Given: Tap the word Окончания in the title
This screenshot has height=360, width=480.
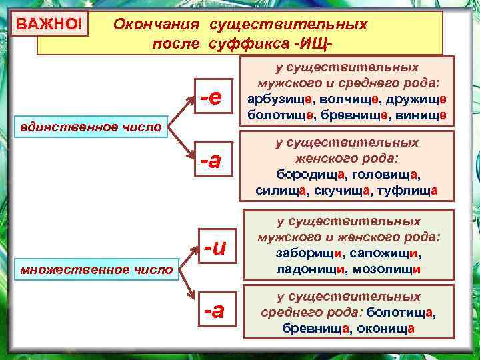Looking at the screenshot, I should [x=156, y=25].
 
